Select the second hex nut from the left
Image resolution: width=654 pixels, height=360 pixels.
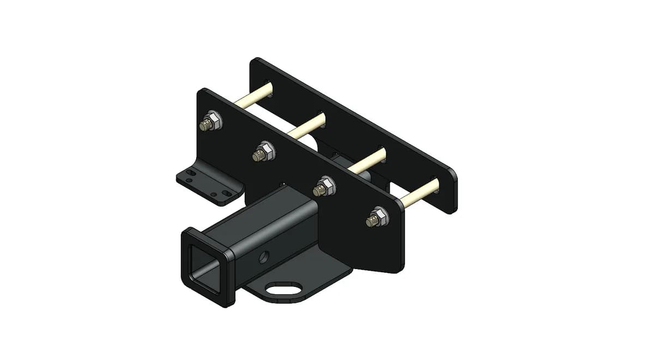click(264, 151)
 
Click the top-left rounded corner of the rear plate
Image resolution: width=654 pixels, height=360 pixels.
click(256, 61)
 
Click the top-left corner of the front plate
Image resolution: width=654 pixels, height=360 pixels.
click(202, 91)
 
